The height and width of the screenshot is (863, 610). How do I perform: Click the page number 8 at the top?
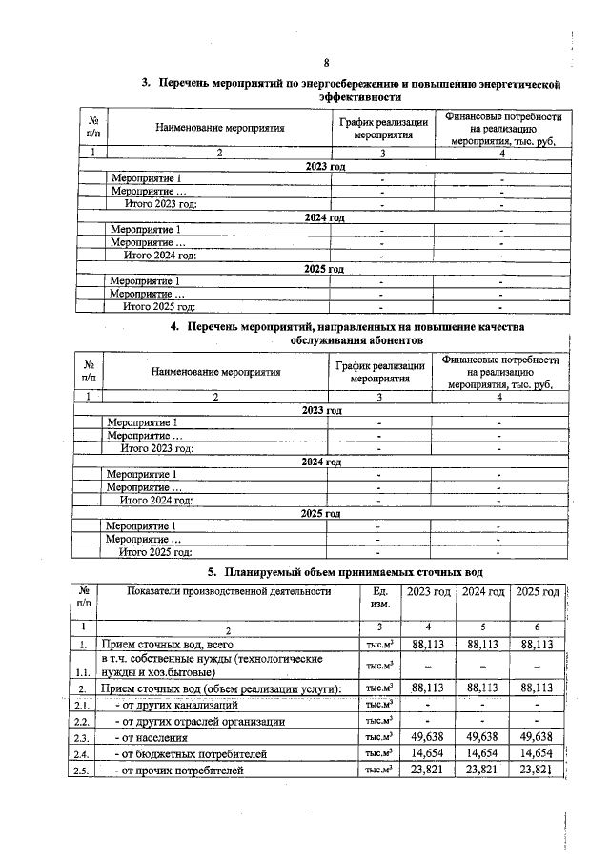point(325,64)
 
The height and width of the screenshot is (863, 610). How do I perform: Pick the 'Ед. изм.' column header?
point(379,598)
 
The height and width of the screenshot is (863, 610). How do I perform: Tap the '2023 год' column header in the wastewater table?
point(429,593)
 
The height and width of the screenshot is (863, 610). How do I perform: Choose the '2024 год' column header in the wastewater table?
point(483,593)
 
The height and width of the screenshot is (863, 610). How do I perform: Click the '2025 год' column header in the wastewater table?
point(538,593)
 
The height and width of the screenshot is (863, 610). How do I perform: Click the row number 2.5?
point(83,771)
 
